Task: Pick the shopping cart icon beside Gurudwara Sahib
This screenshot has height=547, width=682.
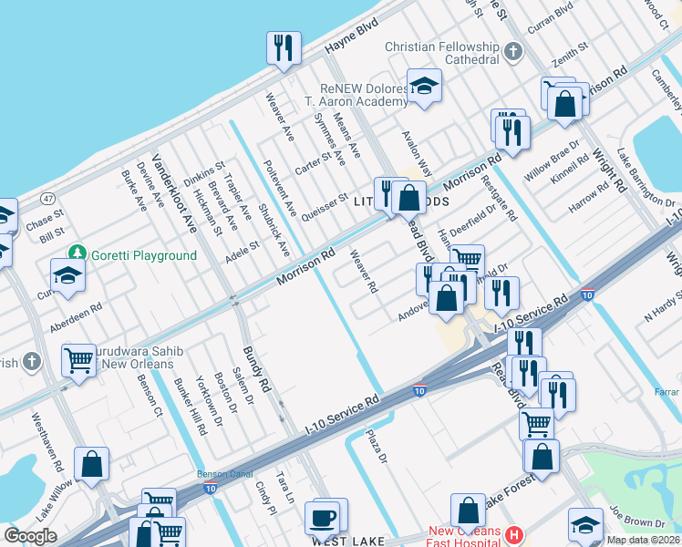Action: (78, 360)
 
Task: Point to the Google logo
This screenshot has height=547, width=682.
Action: (30, 536)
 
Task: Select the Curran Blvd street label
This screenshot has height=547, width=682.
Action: (551, 8)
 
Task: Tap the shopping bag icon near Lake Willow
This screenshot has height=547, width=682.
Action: (92, 464)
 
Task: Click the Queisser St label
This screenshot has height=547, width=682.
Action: (325, 201)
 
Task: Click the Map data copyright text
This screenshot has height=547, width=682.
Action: (643, 540)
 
